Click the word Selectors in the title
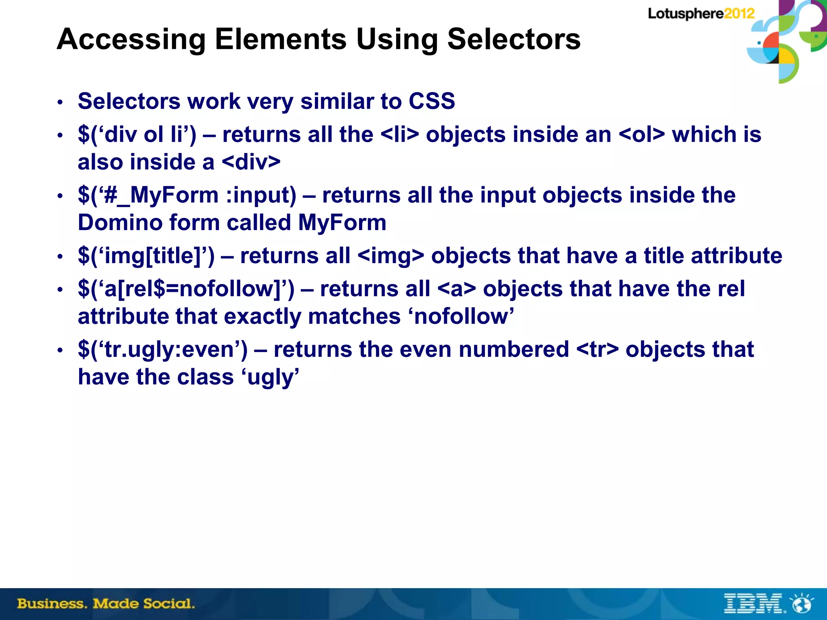(514, 39)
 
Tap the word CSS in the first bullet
(432, 101)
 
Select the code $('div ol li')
(137, 134)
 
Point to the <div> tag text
(251, 162)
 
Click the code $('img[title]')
(146, 256)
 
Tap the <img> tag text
(391, 256)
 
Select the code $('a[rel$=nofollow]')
(186, 289)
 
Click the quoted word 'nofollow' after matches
(464, 316)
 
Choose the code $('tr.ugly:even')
(163, 350)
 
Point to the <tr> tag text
(597, 350)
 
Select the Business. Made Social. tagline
(106, 604)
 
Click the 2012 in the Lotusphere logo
(739, 14)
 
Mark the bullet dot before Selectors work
(60, 102)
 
